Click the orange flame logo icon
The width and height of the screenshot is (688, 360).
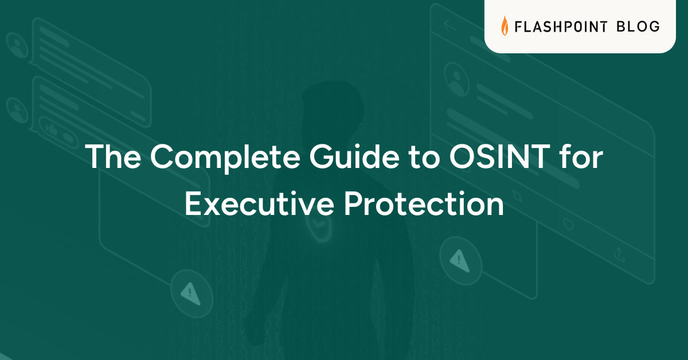505,26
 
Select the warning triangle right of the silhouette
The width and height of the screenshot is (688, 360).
459,260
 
